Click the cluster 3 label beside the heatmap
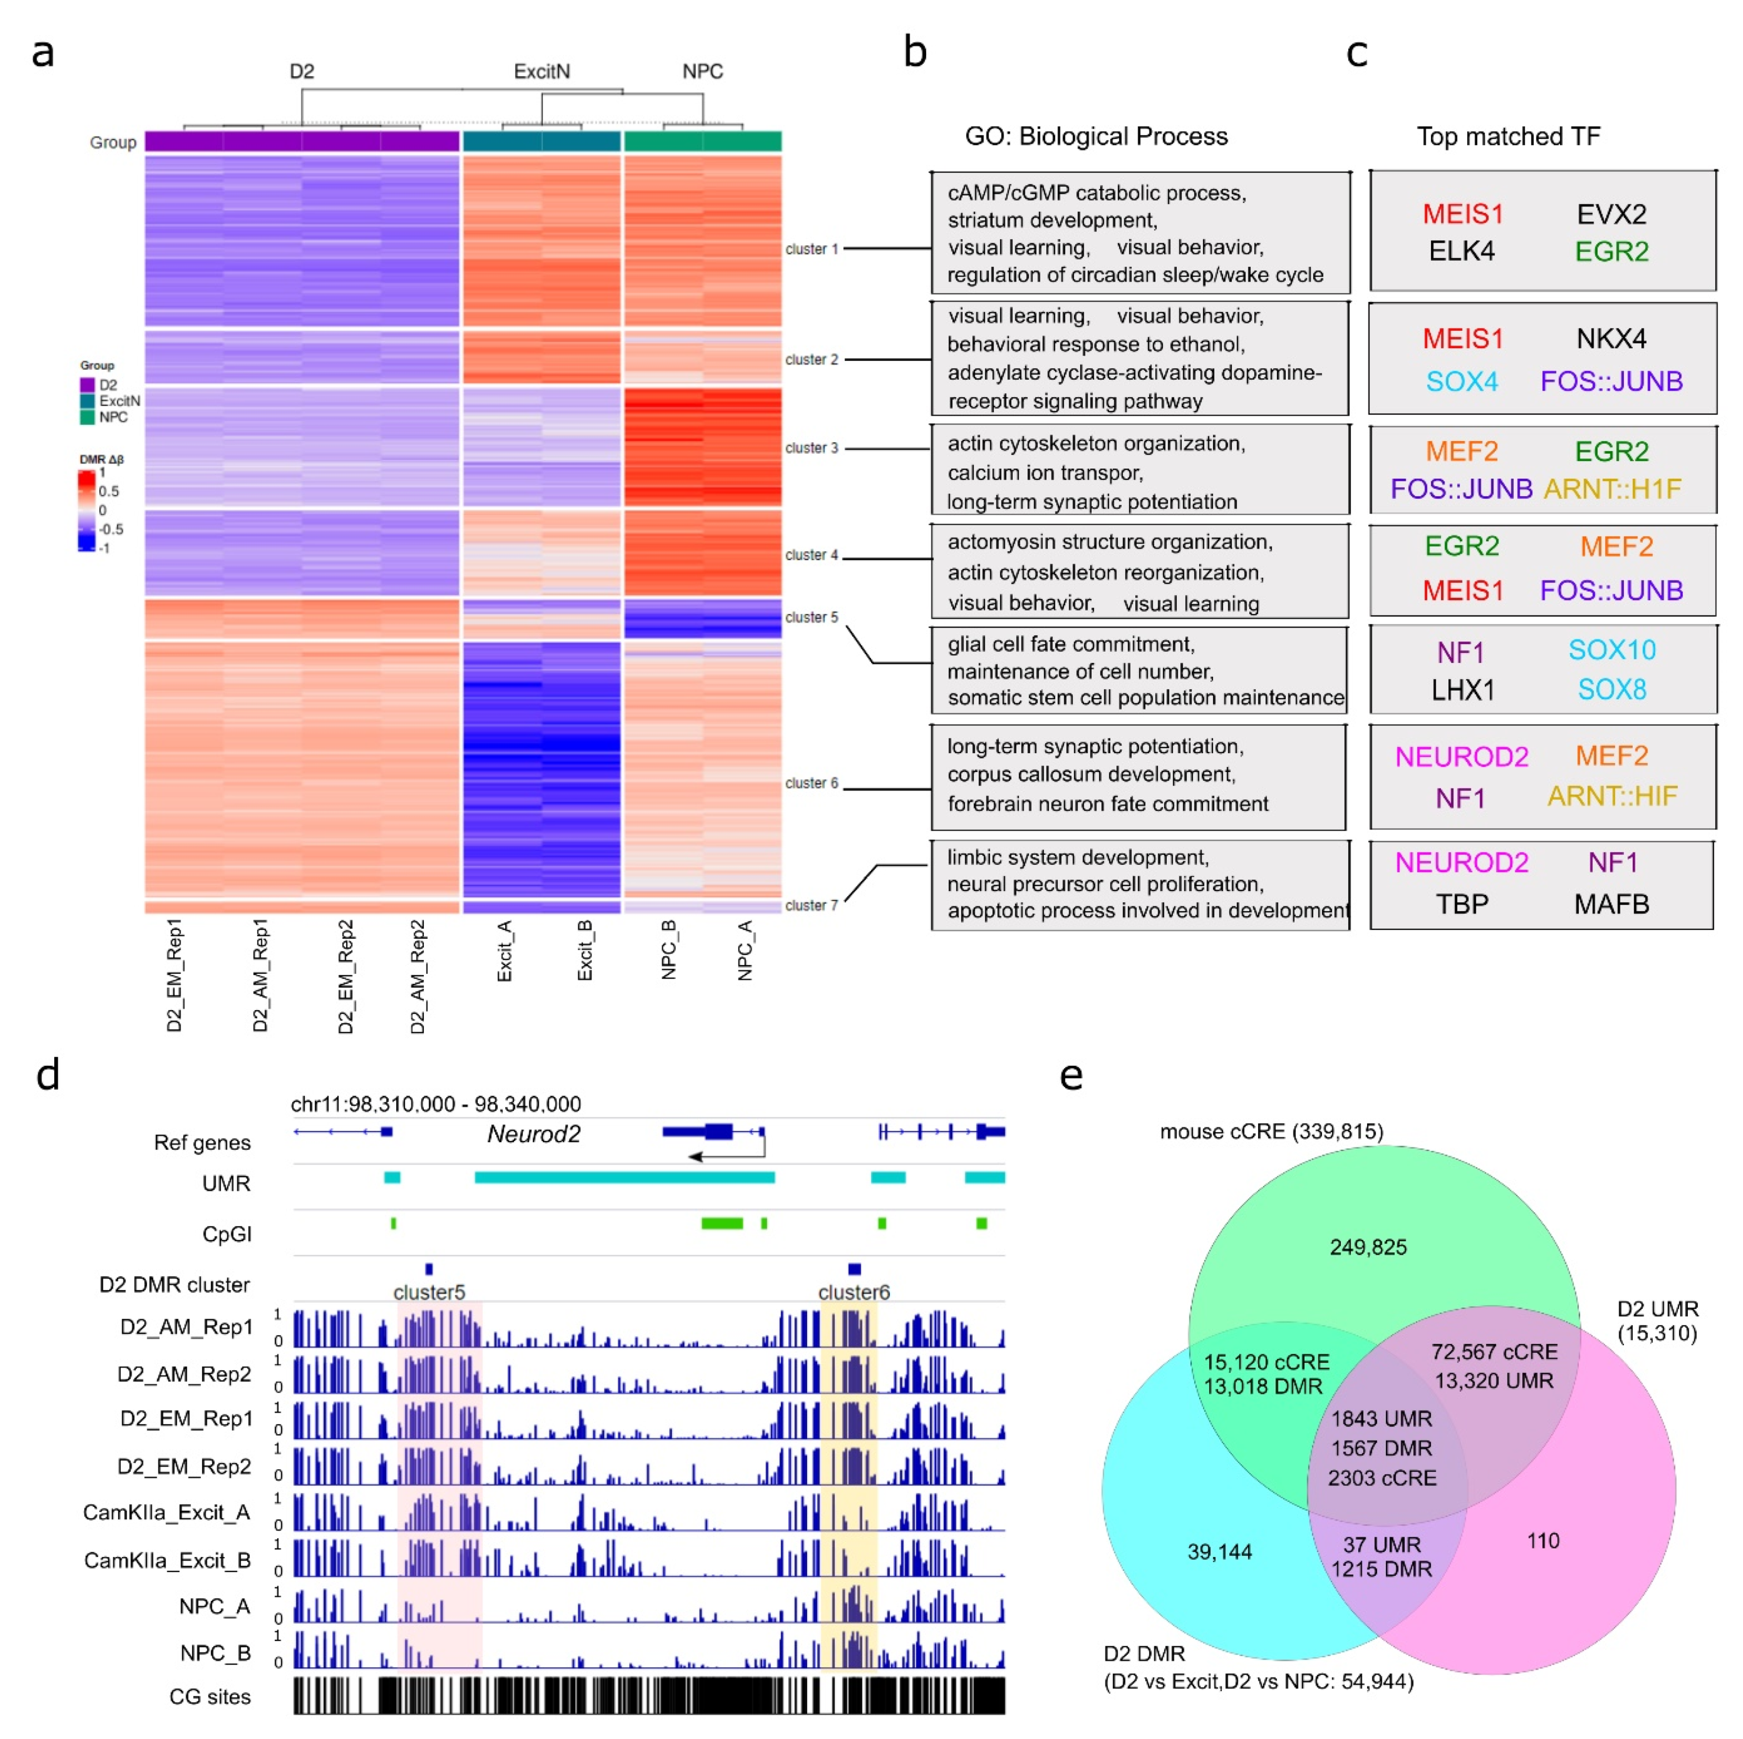pos(811,448)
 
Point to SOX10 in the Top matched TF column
pos(1611,650)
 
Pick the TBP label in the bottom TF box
pos(1461,904)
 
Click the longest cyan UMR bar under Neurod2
pos(624,1177)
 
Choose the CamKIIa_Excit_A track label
pos(166,1513)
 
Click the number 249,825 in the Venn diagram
pos(1367,1248)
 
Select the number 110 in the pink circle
pos(1543,1541)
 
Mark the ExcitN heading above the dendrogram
pos(541,71)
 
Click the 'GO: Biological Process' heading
pos(1096,136)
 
